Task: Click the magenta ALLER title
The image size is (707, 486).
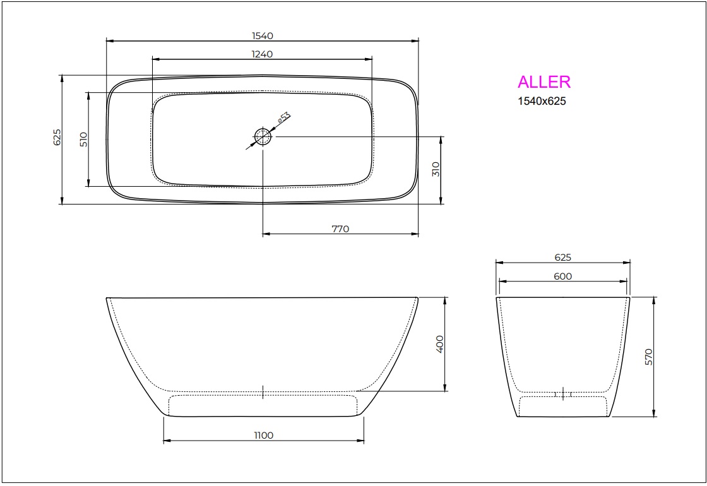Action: [544, 82]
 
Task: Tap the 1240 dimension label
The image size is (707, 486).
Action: [262, 54]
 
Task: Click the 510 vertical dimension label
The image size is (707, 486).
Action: [83, 139]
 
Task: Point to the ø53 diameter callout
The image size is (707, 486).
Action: [284, 118]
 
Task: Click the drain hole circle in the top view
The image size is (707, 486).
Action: [263, 136]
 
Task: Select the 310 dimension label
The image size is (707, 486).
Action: [436, 169]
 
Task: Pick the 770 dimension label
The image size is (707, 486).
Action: [340, 229]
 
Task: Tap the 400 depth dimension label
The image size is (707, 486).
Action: [441, 343]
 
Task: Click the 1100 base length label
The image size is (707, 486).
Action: [264, 436]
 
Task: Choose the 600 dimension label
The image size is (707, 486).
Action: [562, 276]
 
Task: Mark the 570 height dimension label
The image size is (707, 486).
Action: [649, 357]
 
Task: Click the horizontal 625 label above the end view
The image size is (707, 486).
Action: [562, 258]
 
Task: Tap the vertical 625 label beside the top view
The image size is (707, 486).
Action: [57, 138]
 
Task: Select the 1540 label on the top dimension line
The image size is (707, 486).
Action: [262, 36]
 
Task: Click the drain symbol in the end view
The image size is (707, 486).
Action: [562, 394]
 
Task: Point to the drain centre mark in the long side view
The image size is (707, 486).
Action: [263, 391]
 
